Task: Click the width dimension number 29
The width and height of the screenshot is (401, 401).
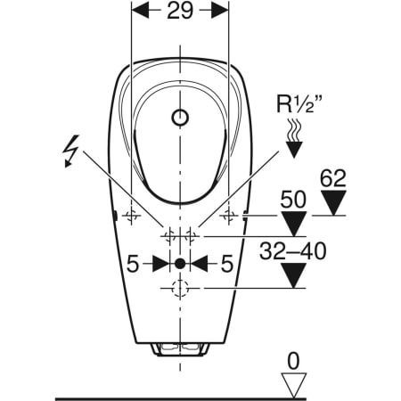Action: pyautogui.click(x=180, y=11)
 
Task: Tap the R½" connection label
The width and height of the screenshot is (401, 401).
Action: pyautogui.click(x=299, y=103)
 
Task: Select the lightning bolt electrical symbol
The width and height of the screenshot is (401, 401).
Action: pyautogui.click(x=71, y=151)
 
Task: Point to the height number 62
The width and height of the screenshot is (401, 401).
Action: pyautogui.click(x=333, y=178)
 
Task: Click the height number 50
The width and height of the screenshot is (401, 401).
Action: pyautogui.click(x=293, y=200)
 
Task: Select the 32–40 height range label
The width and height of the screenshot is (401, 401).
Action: pyautogui.click(x=293, y=251)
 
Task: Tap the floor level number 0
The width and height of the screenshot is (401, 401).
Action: pyautogui.click(x=293, y=361)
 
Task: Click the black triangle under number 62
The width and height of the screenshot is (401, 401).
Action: pyautogui.click(x=333, y=202)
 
